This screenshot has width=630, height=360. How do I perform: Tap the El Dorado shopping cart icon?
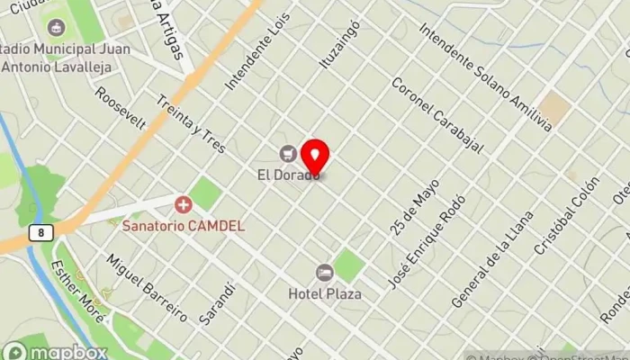coord(288,153)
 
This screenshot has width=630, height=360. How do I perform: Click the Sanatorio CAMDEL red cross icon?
coord(184,205)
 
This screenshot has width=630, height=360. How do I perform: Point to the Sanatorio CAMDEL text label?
coord(184,225)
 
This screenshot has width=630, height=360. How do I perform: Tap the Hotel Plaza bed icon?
coord(324,272)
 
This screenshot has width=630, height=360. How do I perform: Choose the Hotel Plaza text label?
coord(325,293)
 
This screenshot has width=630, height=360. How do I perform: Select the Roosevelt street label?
coord(121,108)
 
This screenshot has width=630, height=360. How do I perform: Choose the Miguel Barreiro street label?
coord(148,287)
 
